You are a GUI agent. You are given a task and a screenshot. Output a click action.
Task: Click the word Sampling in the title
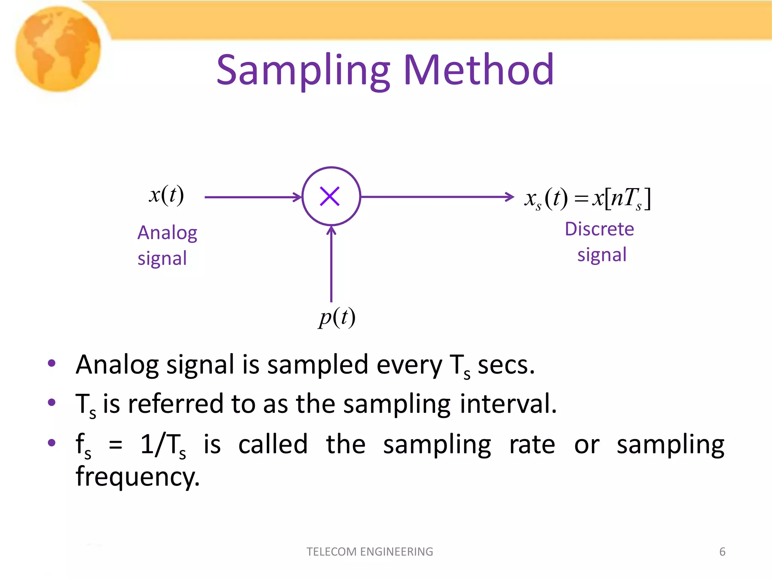303,70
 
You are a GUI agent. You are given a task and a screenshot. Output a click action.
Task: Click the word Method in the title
479,70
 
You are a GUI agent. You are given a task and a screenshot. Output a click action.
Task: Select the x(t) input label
166,195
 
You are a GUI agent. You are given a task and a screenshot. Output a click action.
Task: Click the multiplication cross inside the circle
330,196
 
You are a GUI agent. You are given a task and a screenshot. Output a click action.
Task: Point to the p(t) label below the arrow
337,317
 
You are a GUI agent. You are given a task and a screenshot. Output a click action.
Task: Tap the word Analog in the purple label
167,233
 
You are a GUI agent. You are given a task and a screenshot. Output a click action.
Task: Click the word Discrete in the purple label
599,229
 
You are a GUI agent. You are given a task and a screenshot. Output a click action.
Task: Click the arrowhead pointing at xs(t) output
510,196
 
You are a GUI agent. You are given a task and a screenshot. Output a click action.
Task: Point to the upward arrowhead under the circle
331,230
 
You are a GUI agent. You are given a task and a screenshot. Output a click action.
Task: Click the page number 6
722,551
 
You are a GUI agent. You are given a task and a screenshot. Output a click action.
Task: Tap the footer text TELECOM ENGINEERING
370,551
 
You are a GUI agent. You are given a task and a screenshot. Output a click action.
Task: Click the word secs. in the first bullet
506,365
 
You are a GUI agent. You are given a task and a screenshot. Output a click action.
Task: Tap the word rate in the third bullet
532,444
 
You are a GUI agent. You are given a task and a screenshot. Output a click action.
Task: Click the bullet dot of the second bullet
52,403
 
